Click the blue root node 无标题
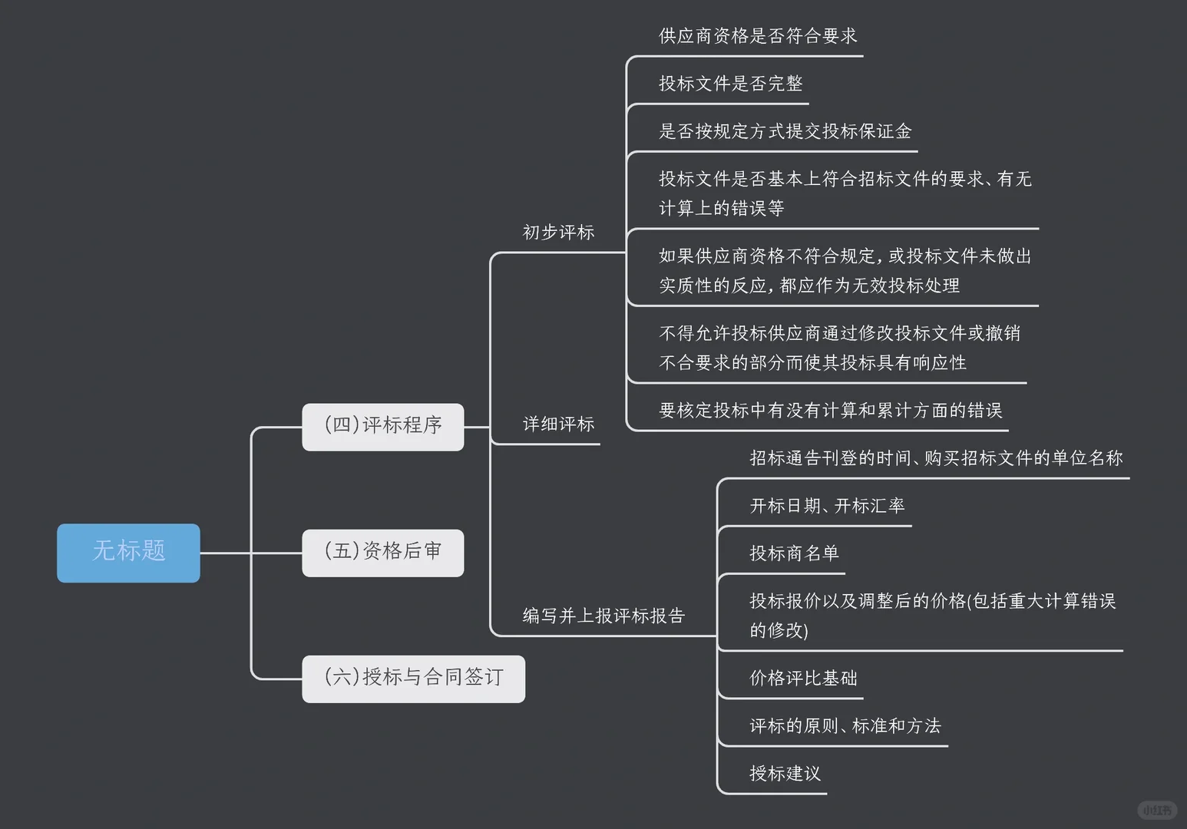pos(128,553)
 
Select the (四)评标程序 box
pos(382,427)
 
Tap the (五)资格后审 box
pos(382,553)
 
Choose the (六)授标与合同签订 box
pos(413,679)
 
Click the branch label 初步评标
pos(558,233)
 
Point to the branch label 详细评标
pos(558,424)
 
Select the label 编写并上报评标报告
pos(603,616)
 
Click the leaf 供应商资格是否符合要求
pos(758,36)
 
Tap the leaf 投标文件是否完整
pos(730,84)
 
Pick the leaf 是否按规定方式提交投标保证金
pos(785,131)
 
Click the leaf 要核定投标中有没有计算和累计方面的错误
pos(830,411)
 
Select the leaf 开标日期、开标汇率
pos(827,506)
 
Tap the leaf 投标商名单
pos(794,553)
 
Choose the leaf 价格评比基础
pos(803,679)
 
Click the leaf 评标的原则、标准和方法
pos(845,726)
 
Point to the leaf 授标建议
pos(785,774)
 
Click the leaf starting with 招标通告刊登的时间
pos(935,458)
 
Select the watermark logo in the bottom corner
pos(1156,810)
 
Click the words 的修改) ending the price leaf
pos(779,631)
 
